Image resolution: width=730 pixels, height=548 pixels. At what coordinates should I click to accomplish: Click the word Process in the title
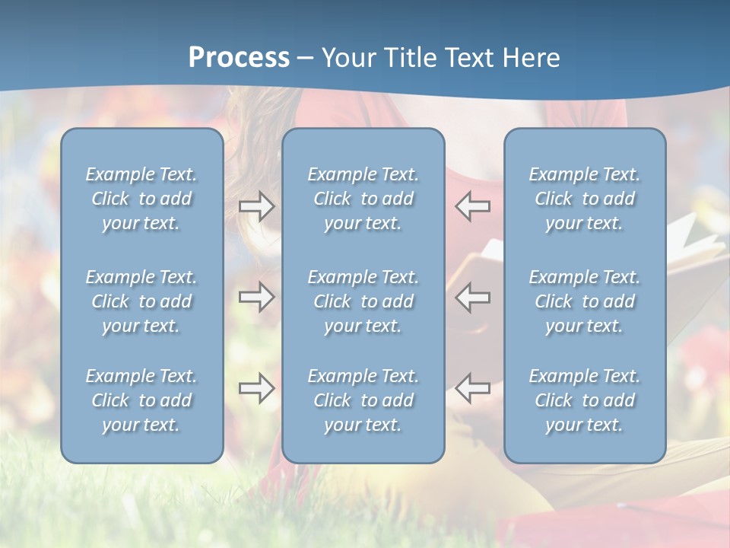coord(239,58)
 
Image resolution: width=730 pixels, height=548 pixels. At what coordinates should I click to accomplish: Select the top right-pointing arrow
coord(256,206)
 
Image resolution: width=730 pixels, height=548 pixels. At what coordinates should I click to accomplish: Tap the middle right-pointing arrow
coord(256,297)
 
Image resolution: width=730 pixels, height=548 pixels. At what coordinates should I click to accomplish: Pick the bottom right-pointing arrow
coord(256,388)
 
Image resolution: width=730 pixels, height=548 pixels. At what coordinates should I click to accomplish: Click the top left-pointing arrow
coord(473,206)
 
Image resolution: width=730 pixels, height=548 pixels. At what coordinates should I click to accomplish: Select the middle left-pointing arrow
coord(473,297)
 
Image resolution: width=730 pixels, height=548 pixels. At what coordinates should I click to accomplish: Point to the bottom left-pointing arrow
coord(473,388)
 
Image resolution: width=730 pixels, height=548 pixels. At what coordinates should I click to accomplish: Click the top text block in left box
coord(141,199)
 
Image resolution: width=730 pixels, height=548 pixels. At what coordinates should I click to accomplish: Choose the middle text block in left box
coord(141,301)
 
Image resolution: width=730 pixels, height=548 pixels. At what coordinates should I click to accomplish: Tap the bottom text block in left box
coord(141,400)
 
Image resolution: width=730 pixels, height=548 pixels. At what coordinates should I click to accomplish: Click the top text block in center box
coord(363,199)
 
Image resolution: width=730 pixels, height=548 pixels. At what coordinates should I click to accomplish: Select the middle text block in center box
coord(363,301)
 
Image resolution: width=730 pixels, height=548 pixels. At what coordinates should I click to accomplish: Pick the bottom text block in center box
coord(363,400)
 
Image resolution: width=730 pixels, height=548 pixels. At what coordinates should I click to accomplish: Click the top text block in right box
coord(584,199)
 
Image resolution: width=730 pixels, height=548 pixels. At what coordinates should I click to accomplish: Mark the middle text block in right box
coord(584,301)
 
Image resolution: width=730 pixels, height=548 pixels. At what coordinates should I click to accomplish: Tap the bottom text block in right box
coord(584,400)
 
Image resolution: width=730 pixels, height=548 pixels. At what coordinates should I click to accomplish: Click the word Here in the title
coord(532,58)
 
